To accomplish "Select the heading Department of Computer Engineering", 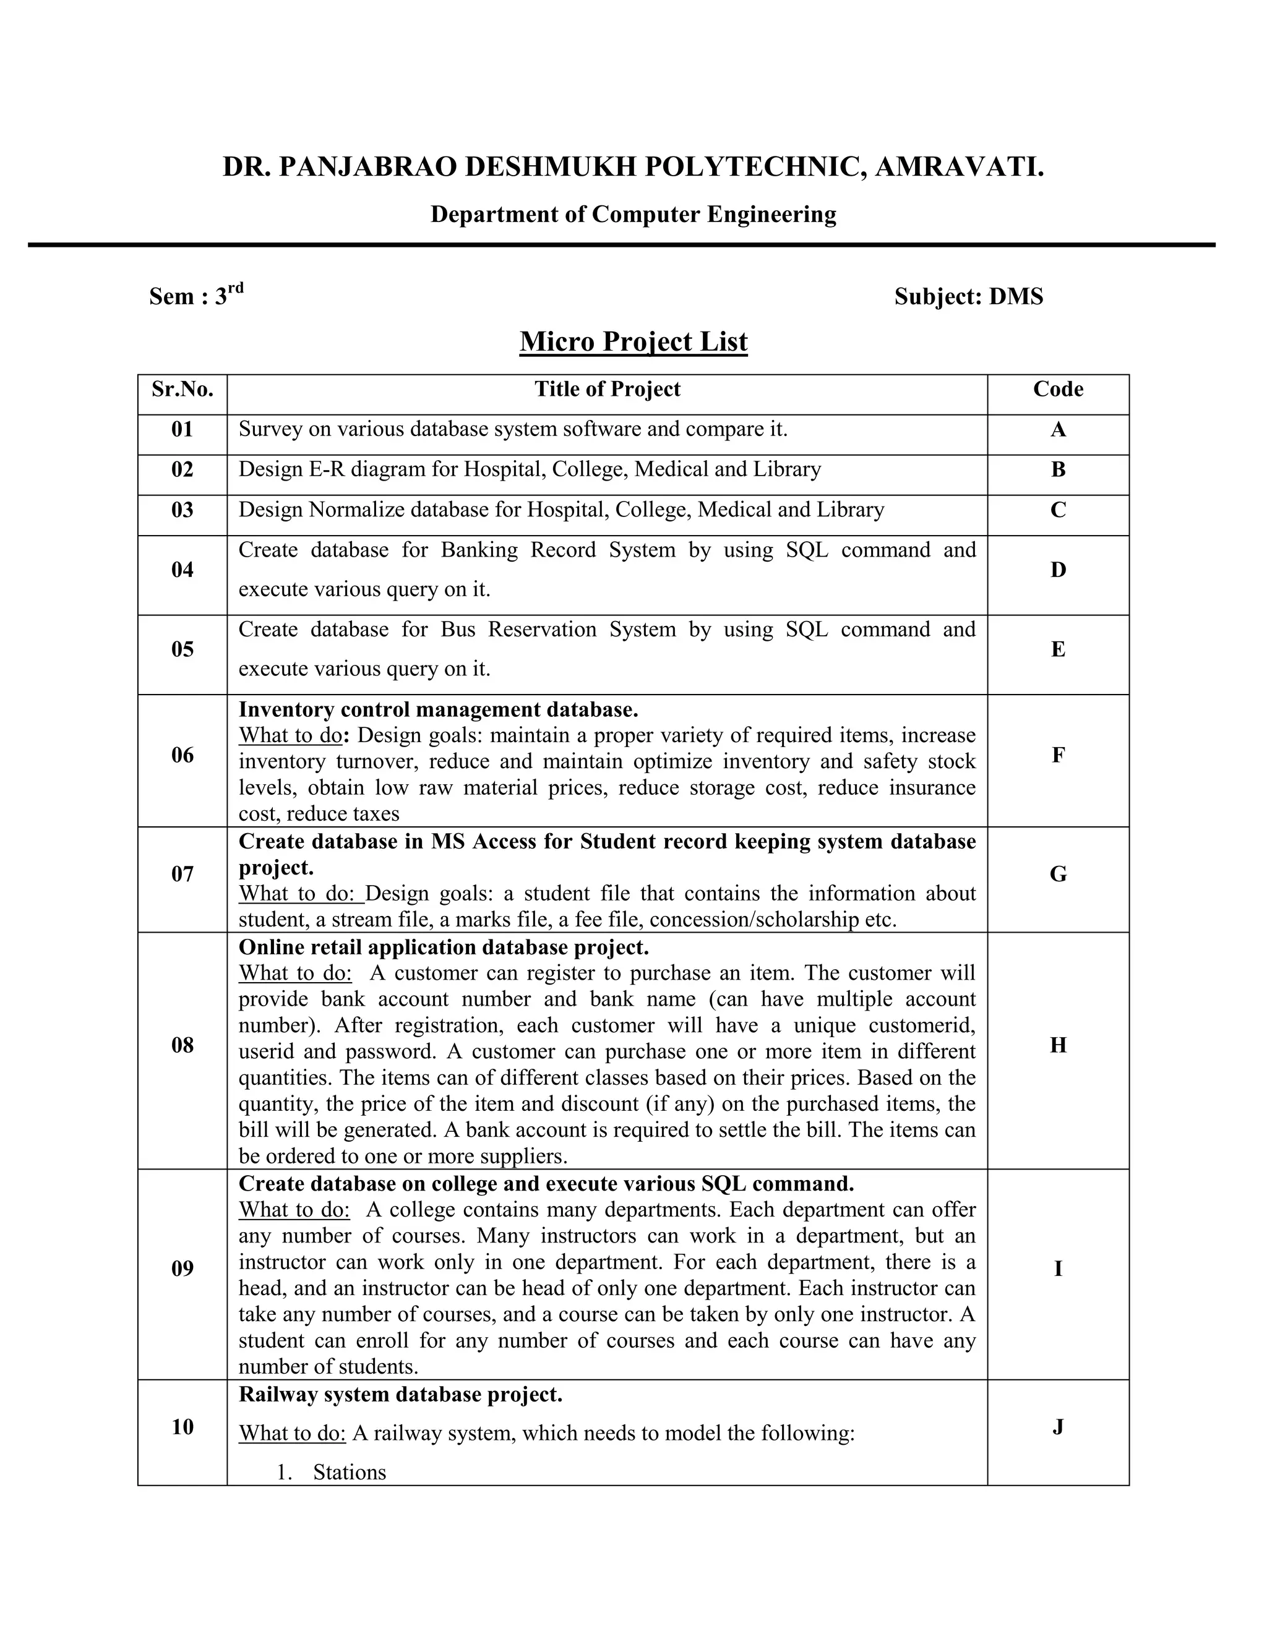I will (633, 215).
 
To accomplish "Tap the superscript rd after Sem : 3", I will (236, 288).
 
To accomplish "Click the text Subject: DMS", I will (968, 296).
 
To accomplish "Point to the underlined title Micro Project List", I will (633, 342).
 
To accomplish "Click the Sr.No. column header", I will (183, 389).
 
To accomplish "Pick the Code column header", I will (1057, 389).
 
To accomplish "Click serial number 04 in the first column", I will (183, 570).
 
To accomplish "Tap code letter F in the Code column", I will (1057, 755).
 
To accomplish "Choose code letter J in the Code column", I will (1057, 1426).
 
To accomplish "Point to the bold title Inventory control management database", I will (439, 709).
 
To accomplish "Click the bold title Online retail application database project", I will (443, 947).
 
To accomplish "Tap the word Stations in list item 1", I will (349, 1473).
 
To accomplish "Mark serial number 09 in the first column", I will (183, 1269).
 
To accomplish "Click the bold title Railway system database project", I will (400, 1394).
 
